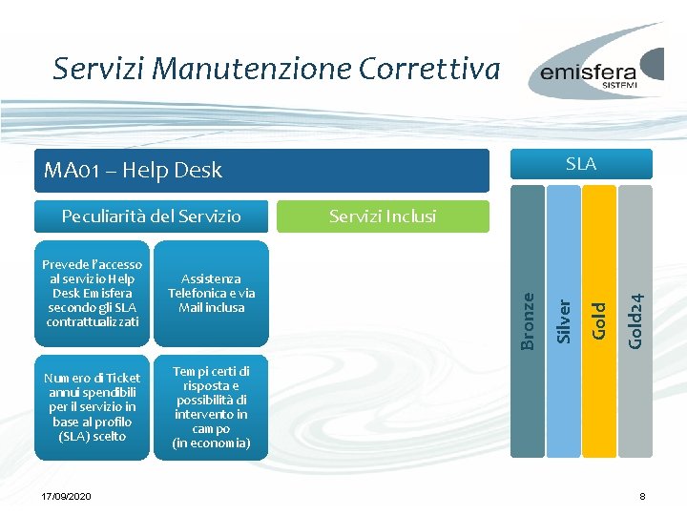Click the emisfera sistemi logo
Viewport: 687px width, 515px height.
click(x=600, y=72)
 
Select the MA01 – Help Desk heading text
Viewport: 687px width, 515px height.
click(x=133, y=171)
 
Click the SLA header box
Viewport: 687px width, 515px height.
click(x=580, y=164)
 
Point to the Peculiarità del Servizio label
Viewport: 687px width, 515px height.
click(x=151, y=216)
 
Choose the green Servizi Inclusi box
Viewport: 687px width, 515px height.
click(x=382, y=216)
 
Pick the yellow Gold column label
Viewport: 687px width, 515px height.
click(x=599, y=320)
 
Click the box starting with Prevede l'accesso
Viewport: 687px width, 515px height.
click(x=93, y=293)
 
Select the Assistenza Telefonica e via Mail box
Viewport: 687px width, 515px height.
click(x=212, y=294)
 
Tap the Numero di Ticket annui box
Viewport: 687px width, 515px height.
click(x=93, y=407)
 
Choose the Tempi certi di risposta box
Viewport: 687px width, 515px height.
click(x=212, y=407)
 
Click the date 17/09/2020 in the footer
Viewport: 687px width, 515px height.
click(x=67, y=497)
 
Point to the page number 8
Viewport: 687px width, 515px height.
click(x=643, y=497)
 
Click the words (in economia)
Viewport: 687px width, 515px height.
click(x=212, y=443)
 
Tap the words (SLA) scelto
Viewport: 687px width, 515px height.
click(x=93, y=436)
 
